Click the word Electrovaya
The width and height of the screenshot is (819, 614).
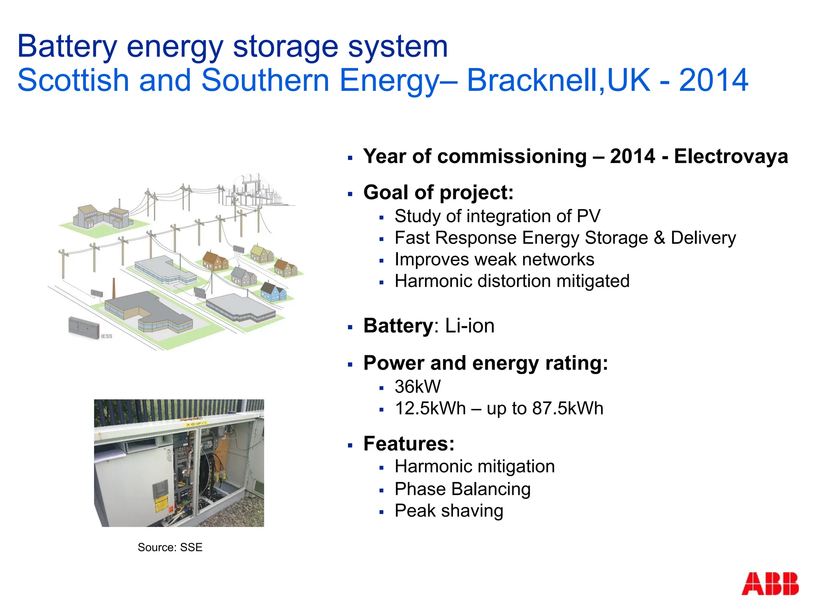(731, 156)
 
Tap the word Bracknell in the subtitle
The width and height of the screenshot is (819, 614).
(535, 80)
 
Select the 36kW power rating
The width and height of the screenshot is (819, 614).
(417, 387)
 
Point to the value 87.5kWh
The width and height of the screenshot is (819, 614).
(567, 409)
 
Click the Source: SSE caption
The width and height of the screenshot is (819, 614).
(170, 547)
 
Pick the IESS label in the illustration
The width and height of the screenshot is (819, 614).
(106, 337)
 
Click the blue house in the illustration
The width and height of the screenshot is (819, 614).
(274, 291)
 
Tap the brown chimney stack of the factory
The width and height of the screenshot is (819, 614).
(114, 288)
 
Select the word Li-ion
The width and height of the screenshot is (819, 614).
(470, 326)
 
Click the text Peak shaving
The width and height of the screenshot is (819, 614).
(449, 511)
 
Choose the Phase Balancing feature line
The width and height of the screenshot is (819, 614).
(462, 489)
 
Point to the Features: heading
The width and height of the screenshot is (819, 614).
(409, 444)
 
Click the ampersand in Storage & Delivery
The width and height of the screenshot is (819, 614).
(659, 238)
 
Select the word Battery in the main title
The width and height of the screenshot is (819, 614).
(67, 46)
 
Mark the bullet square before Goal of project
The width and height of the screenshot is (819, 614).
(350, 194)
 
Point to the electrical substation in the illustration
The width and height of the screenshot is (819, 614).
(256, 190)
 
